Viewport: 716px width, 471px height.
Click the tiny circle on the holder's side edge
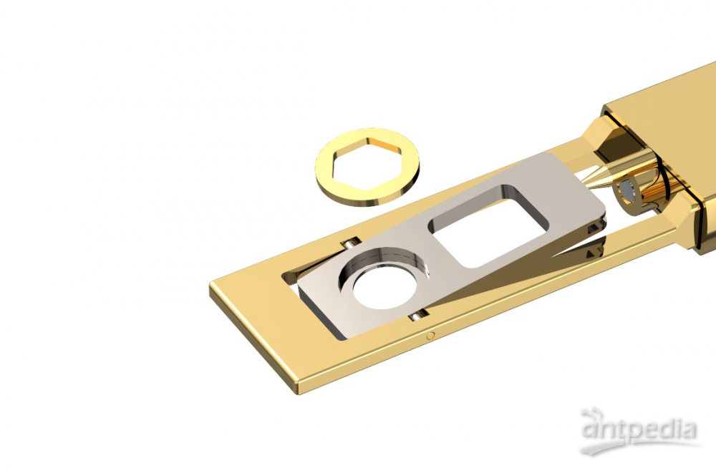pos(430,336)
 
